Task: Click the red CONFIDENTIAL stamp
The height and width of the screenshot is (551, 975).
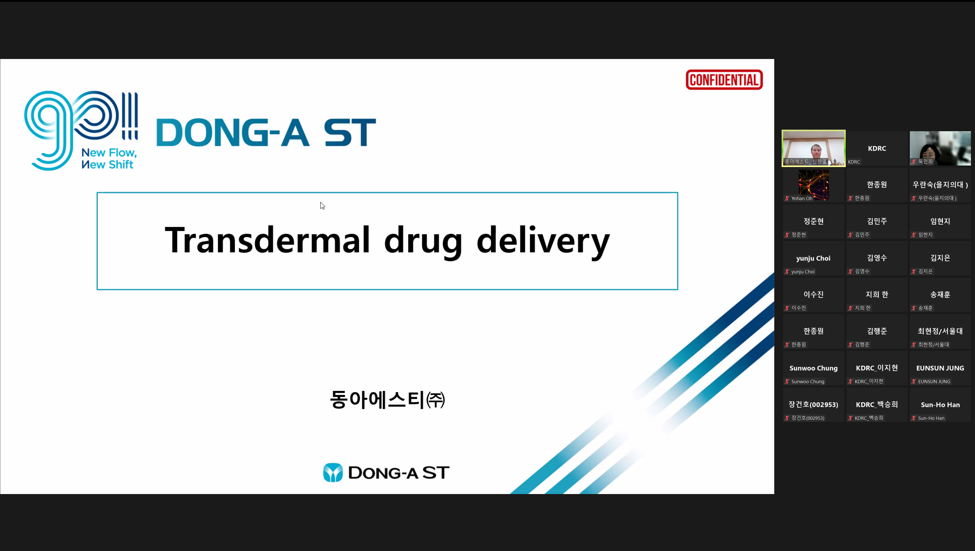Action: pos(724,80)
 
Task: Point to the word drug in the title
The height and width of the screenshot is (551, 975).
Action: pos(423,242)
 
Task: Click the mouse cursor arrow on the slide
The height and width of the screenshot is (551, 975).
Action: pos(322,206)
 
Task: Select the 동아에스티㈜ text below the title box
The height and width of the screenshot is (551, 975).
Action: pos(387,400)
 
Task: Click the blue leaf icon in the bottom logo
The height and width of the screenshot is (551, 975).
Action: pos(333,472)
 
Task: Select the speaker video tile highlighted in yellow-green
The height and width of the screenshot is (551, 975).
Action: pos(813,148)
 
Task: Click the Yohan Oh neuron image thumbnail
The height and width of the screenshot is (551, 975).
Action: pos(813,185)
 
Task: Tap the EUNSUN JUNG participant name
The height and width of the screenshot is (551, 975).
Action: pos(940,368)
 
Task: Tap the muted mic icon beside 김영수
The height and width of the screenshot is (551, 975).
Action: pos(850,271)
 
